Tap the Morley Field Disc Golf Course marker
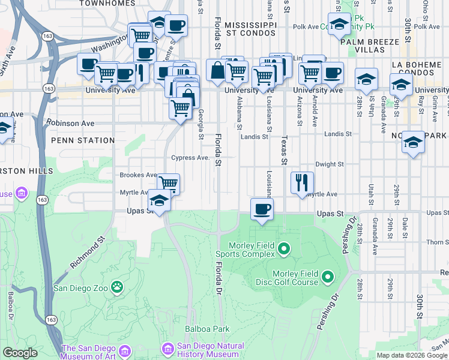point(328,277)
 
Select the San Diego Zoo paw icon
point(117,287)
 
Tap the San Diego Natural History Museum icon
point(168,349)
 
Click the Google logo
point(20,353)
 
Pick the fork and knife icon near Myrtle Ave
point(302,182)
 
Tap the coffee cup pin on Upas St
point(261,209)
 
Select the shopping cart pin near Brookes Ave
point(169,183)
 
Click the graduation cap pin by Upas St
point(159,200)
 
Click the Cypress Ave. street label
point(189,158)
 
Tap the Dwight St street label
point(329,164)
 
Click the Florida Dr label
point(219,277)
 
